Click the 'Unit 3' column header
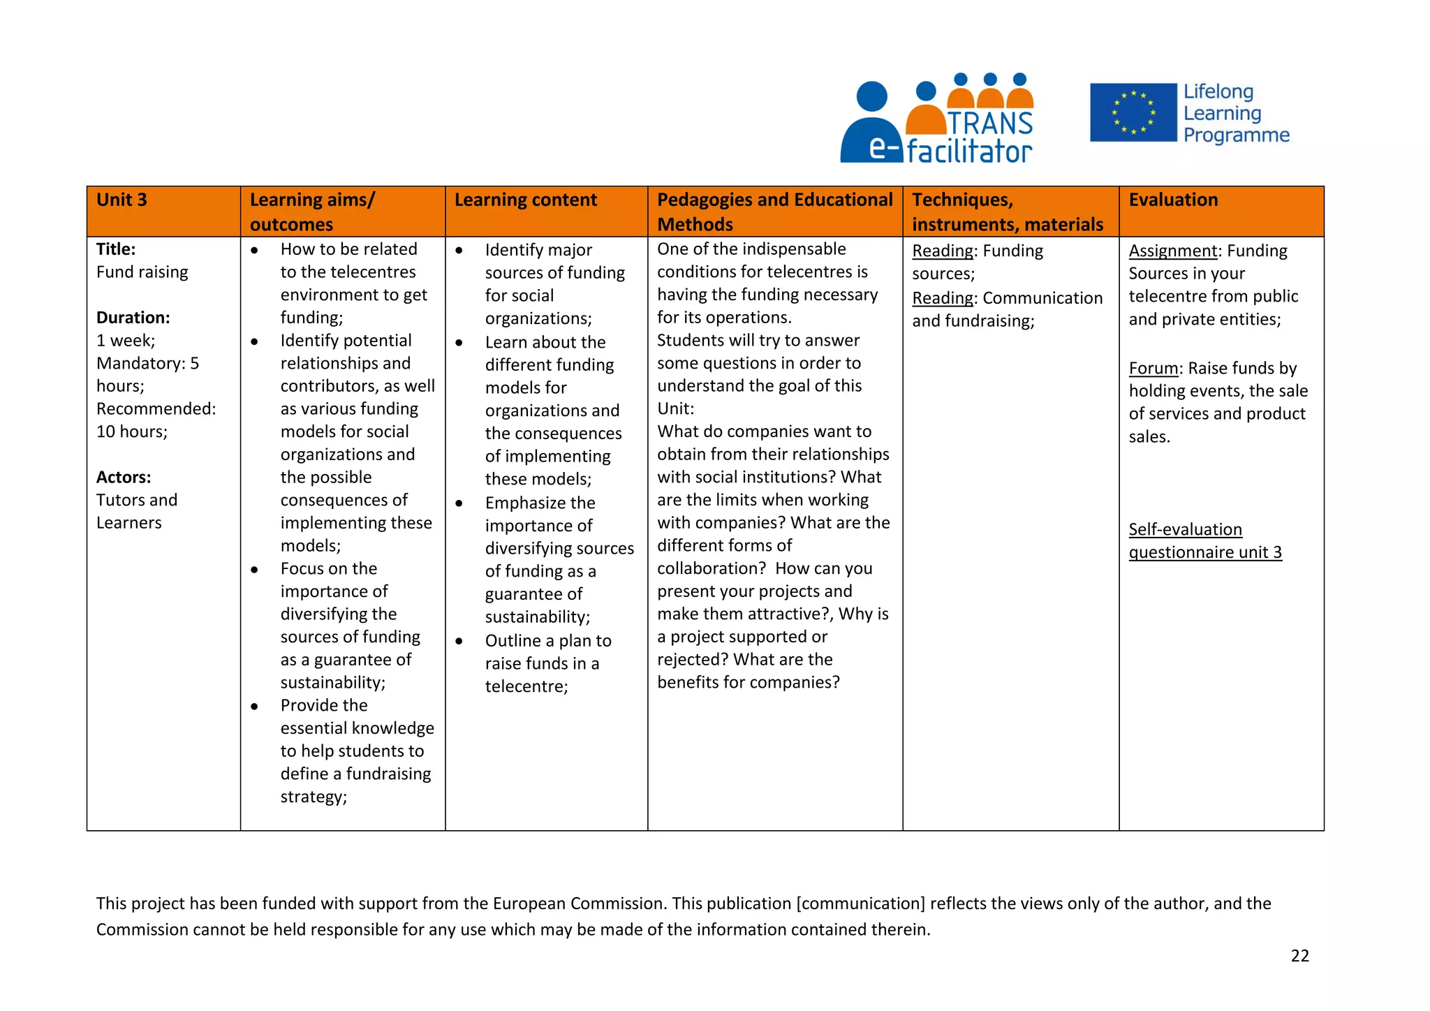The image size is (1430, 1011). tap(122, 200)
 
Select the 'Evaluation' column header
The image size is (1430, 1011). tap(1173, 200)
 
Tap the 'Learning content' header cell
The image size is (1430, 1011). tap(525, 200)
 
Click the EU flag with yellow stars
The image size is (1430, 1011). tap(1133, 112)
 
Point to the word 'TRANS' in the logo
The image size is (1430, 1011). tap(989, 124)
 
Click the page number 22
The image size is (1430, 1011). tap(1299, 956)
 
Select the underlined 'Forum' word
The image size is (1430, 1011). tap(1153, 368)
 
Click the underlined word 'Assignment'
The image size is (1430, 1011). tap(1172, 251)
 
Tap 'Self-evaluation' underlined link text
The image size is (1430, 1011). tap(1185, 529)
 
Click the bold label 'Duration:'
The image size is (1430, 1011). tap(133, 318)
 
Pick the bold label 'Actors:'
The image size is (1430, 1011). tap(124, 478)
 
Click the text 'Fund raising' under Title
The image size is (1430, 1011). tap(142, 272)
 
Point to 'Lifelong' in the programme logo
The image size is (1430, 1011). tap(1218, 91)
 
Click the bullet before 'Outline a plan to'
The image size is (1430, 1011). tap(459, 641)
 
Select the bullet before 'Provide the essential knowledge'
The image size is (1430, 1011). tap(254, 706)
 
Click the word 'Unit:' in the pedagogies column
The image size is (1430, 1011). tap(675, 408)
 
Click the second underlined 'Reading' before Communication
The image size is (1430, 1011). tap(942, 298)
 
